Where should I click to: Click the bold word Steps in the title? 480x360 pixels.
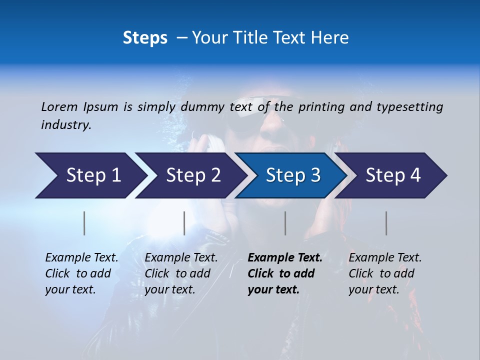[x=145, y=38]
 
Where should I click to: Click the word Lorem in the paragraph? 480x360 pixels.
[x=59, y=106]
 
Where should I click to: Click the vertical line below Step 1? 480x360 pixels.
[x=84, y=223]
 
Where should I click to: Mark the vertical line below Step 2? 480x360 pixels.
[x=184, y=223]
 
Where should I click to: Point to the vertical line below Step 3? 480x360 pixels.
[x=285, y=223]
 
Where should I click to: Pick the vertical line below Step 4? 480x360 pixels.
[x=386, y=223]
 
